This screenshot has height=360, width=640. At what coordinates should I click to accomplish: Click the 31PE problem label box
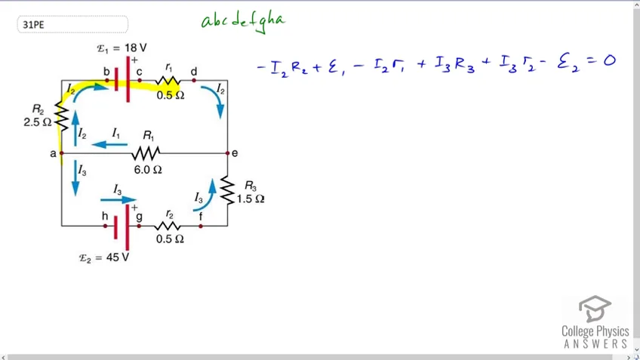point(72,24)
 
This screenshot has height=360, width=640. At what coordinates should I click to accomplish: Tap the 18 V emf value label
point(136,48)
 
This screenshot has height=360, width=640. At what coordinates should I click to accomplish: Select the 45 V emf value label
point(118,257)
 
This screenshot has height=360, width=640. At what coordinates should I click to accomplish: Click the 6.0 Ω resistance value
point(148,169)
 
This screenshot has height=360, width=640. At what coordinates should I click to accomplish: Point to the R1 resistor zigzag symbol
point(146,153)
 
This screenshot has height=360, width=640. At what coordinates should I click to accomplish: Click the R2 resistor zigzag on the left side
point(62,116)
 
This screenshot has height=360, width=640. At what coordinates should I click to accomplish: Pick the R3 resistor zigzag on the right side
point(227,190)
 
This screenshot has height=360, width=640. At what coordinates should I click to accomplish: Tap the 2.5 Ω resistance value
point(38,122)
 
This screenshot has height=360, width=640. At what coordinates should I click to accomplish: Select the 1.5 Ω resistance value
point(251,198)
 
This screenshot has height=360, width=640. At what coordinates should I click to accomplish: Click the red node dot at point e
point(227,153)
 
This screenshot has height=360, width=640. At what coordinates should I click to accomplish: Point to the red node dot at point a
point(62,153)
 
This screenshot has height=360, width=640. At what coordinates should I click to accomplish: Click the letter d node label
point(194,72)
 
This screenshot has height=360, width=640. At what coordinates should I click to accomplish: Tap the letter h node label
point(105,216)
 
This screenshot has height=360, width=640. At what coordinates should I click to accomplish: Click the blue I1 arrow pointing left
point(109,144)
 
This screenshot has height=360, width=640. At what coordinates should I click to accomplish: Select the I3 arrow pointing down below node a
point(75,178)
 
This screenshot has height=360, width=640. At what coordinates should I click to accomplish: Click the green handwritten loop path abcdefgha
point(243,22)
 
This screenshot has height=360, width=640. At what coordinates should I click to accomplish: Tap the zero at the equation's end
point(609,61)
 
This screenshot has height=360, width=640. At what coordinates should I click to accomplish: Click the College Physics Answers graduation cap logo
point(595,309)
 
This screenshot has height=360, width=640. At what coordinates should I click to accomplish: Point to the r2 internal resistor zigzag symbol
point(168,226)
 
